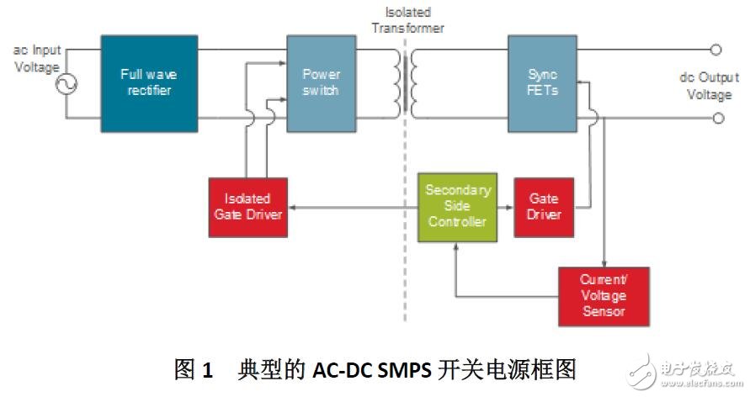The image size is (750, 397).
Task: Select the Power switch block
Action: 321,83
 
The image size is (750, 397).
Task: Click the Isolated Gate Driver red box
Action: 247,206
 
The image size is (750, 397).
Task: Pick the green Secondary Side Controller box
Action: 457,205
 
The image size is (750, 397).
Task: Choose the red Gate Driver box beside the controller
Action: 544,206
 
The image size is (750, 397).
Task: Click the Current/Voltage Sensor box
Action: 603,296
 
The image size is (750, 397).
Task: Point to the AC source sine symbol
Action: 66,84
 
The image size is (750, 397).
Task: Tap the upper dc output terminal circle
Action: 716,50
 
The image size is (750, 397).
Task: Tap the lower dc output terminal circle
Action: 716,119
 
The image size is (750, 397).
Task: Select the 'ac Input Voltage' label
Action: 37,59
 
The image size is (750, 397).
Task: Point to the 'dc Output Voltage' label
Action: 709,86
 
